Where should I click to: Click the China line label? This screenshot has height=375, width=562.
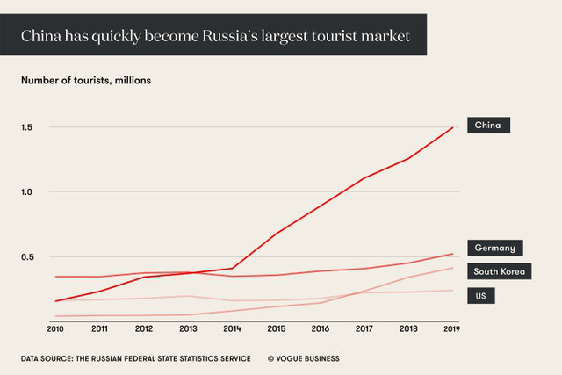[487, 126]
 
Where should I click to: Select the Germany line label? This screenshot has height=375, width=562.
[494, 248]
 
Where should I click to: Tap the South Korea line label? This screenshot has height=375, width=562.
[499, 271]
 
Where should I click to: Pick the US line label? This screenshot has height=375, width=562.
[480, 296]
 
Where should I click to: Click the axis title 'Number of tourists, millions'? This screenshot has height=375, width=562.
[86, 80]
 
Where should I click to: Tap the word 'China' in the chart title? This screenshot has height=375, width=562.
[41, 37]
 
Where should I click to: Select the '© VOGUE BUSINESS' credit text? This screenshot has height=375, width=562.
[303, 358]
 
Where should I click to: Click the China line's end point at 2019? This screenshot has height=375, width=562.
[453, 127]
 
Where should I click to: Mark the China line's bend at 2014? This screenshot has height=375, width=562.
[233, 268]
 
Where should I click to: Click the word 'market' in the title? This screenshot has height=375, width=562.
[387, 37]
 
